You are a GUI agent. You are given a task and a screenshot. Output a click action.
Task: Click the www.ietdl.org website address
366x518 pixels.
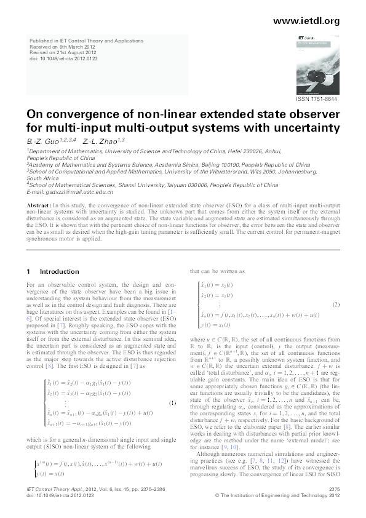(x=306, y=21)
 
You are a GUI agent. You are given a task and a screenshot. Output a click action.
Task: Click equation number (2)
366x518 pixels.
(x=336, y=305)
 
